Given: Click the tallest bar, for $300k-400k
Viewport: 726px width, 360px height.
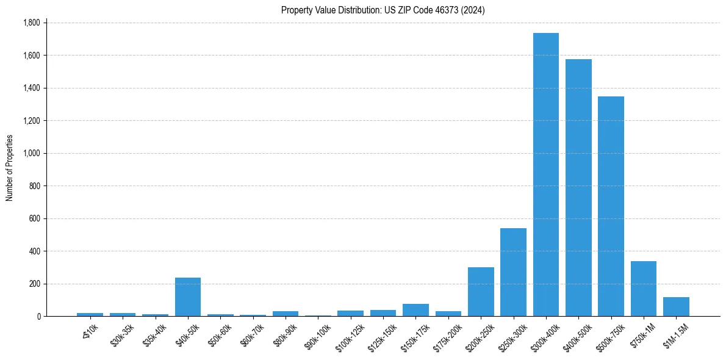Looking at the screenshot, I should tap(545, 175).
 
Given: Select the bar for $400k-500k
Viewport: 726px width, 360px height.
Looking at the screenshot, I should tap(578, 188).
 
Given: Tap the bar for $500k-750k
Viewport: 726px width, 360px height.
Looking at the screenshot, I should tap(611, 206).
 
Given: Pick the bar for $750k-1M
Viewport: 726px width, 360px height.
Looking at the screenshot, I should tap(643, 289).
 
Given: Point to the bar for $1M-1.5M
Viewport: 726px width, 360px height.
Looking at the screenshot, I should tap(676, 307).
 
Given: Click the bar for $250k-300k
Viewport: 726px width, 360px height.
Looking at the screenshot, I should tap(513, 272).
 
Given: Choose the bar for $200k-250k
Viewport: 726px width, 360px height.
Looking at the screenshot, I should tap(481, 292).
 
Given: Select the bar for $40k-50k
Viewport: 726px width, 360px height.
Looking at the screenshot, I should tap(188, 297).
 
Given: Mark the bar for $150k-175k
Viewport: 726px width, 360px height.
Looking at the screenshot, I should tap(415, 310).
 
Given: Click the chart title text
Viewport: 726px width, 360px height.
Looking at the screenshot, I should tap(383, 10).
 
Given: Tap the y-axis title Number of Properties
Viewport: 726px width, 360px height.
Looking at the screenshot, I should tap(10, 168).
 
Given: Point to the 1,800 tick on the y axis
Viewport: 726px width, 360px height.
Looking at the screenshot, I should tap(31, 23).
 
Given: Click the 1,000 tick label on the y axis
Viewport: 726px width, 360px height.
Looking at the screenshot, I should tap(31, 153).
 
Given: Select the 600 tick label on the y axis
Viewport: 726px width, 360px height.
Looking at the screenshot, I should tap(34, 218).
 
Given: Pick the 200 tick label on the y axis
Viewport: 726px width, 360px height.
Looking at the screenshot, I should tap(34, 284).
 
